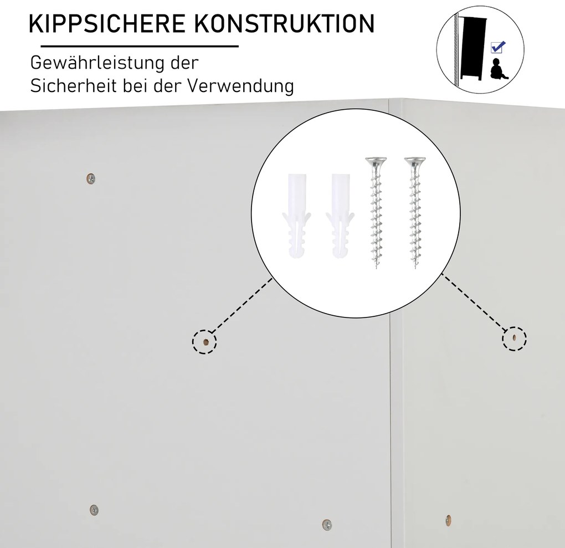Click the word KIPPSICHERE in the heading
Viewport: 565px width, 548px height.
(107, 24)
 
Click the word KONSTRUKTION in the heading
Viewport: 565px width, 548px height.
(284, 24)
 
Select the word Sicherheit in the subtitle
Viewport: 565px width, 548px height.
(74, 86)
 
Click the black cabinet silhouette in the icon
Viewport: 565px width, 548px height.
(473, 48)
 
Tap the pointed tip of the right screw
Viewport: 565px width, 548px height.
(416, 268)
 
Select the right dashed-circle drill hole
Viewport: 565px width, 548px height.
(515, 338)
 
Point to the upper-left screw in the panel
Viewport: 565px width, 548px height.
(91, 178)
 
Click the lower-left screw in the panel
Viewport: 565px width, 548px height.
(94, 510)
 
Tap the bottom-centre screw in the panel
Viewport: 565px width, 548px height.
(327, 525)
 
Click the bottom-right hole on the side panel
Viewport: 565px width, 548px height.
(448, 520)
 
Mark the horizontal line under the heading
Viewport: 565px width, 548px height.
(140, 46)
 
